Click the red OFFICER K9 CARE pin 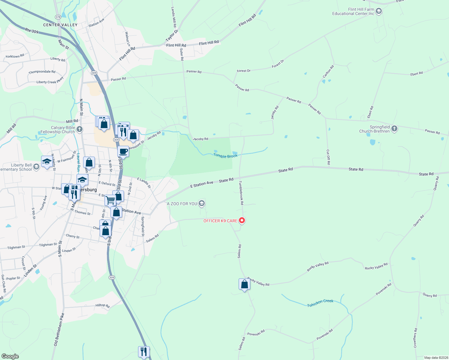[x=242, y=220]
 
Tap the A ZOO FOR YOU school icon [x=202, y=204]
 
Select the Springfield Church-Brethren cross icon [x=394, y=129]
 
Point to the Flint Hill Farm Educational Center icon [x=379, y=11]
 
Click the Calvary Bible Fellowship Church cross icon [x=79, y=129]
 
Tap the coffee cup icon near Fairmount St [x=123, y=151]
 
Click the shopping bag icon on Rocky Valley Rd [x=244, y=284]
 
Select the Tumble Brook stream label [x=225, y=155]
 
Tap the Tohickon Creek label [x=320, y=303]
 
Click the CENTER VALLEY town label [x=60, y=25]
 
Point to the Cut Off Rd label [x=328, y=157]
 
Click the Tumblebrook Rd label [x=241, y=193]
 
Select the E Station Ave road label [x=202, y=184]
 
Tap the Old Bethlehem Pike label [x=59, y=329]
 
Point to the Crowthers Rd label [x=415, y=338]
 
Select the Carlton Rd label [x=328, y=72]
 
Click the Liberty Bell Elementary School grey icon [x=36, y=167]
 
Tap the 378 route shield [x=58, y=17]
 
